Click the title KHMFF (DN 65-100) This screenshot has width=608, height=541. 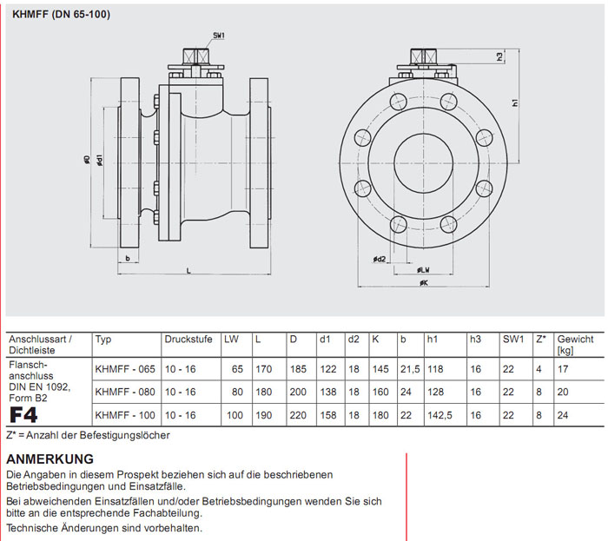pyautogui.click(x=61, y=15)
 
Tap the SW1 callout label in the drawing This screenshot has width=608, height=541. pyautogui.click(x=219, y=36)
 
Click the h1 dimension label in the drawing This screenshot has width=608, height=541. pyautogui.click(x=515, y=103)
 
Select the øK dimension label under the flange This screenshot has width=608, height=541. pyautogui.click(x=423, y=284)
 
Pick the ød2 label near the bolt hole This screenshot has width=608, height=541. pyautogui.click(x=379, y=259)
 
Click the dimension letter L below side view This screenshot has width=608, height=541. pyautogui.click(x=188, y=271)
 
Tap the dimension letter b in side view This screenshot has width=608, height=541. pyautogui.click(x=128, y=259)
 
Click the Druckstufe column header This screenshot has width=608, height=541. pyautogui.click(x=184, y=340)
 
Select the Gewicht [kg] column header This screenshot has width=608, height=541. pyautogui.click(x=575, y=344)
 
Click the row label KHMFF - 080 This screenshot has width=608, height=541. pyautogui.click(x=125, y=392)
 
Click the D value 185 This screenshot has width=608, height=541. pyautogui.click(x=298, y=369)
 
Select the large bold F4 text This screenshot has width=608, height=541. pyautogui.click(x=23, y=413)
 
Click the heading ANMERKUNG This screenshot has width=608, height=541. pyautogui.click(x=50, y=459)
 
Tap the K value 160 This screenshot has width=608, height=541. pyautogui.click(x=380, y=392)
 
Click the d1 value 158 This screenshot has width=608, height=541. pyautogui.click(x=327, y=415)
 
